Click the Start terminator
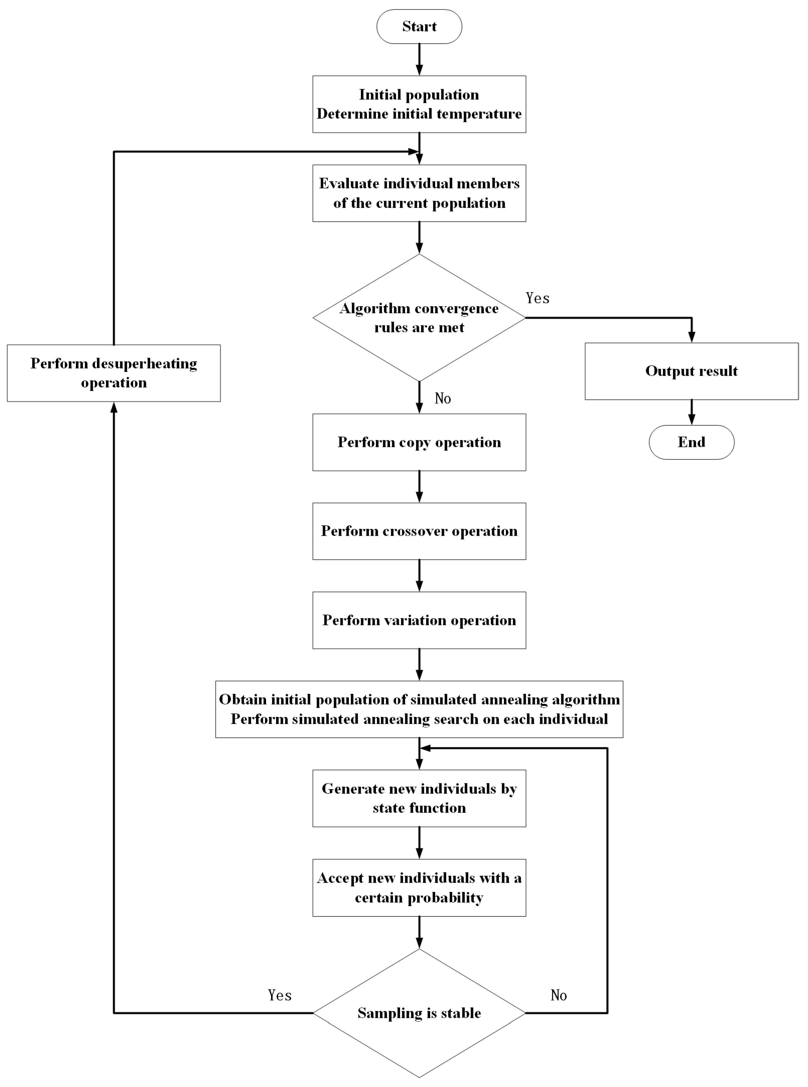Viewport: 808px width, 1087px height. (x=419, y=26)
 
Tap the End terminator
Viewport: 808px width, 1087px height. (x=691, y=442)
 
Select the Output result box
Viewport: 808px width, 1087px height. (x=691, y=371)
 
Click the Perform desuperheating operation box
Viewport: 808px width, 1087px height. (x=114, y=373)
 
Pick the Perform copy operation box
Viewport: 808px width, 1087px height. (x=419, y=442)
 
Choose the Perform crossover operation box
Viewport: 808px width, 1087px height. (x=419, y=531)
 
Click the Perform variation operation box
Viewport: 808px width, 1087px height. (x=419, y=620)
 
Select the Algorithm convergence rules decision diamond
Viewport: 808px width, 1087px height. (x=419, y=318)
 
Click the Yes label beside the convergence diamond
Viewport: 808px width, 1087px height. (x=538, y=298)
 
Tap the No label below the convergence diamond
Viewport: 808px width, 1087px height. (x=443, y=398)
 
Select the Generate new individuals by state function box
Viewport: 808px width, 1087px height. (x=419, y=798)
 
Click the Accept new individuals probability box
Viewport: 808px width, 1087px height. (x=419, y=887)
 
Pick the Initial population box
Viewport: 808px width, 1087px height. (x=419, y=104)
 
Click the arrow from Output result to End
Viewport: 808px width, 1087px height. (x=691, y=412)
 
